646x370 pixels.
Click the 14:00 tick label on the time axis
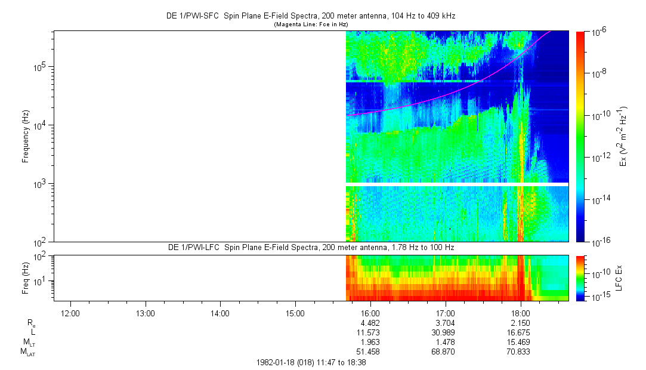(x=220, y=313)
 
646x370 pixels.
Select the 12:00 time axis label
(x=70, y=313)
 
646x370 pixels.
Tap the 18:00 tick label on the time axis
(x=521, y=313)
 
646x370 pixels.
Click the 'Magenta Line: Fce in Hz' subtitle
(x=310, y=24)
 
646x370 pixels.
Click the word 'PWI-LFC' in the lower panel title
(x=214, y=247)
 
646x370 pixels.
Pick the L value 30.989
(x=446, y=332)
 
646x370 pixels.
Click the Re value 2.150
(x=521, y=322)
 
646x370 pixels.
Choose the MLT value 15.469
(x=521, y=342)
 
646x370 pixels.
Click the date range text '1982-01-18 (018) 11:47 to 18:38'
(x=310, y=362)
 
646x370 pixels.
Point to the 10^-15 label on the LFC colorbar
(x=599, y=297)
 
